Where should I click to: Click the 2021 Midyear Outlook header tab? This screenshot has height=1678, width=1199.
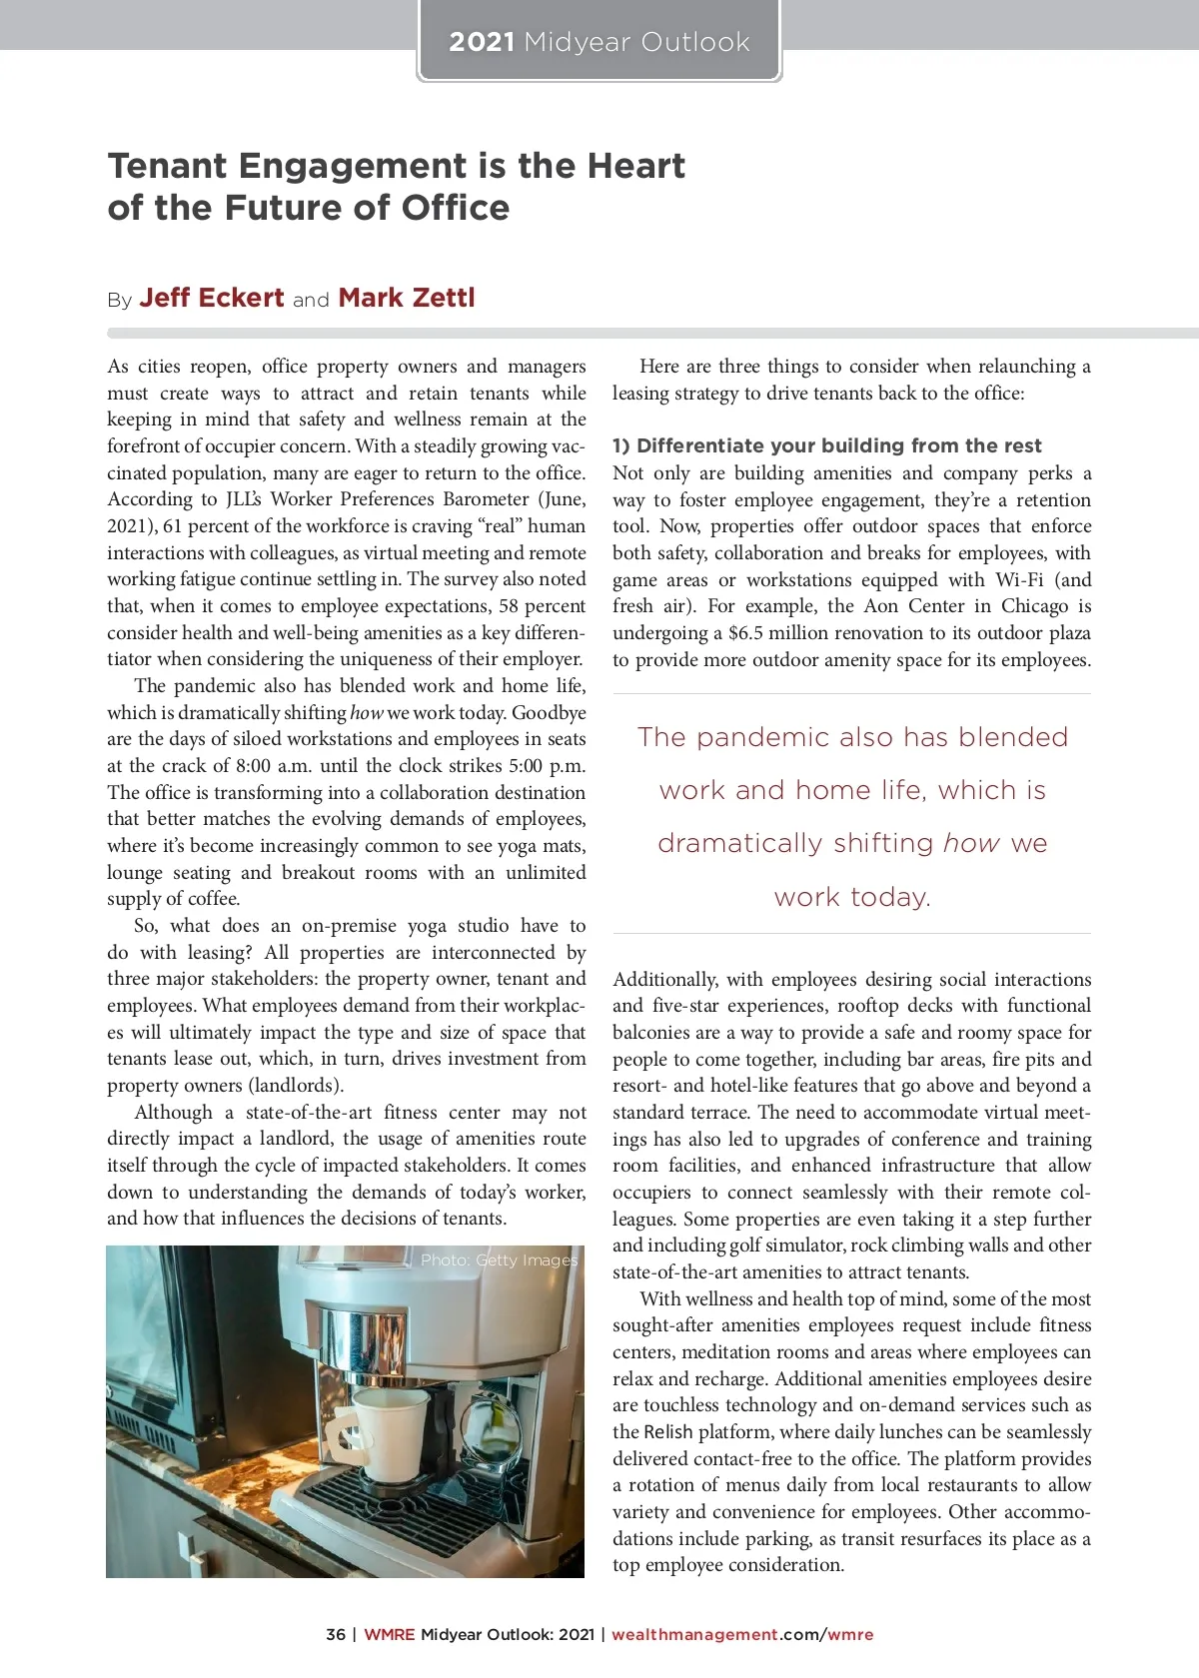(x=599, y=42)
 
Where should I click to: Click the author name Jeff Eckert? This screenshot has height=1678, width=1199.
(x=212, y=298)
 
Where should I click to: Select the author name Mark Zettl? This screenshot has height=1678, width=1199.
(x=407, y=298)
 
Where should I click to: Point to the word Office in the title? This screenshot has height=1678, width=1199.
(x=456, y=208)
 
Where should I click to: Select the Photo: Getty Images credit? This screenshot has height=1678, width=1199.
(x=499, y=1260)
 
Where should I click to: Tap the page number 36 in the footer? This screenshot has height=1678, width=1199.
(x=336, y=1635)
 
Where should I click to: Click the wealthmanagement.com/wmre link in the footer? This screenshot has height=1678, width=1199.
(x=742, y=1635)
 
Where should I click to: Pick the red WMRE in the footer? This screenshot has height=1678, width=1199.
(x=388, y=1635)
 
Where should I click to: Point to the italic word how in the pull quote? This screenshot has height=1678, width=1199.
(x=971, y=844)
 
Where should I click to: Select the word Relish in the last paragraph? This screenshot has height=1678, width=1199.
(x=668, y=1432)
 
